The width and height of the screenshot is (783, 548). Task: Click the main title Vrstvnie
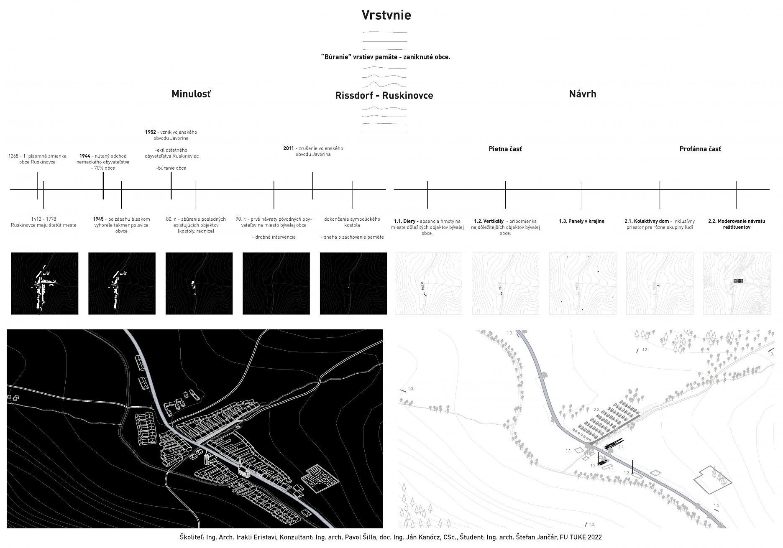click(386, 15)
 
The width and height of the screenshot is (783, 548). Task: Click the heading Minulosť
click(191, 94)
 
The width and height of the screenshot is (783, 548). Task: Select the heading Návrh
click(582, 94)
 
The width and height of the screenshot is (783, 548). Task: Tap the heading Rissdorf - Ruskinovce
click(384, 95)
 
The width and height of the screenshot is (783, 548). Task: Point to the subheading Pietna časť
click(505, 149)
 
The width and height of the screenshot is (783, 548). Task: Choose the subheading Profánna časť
click(700, 149)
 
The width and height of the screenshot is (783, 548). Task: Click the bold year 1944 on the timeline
click(84, 156)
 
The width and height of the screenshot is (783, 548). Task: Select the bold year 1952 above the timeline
click(150, 132)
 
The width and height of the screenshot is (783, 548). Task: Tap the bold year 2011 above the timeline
click(289, 148)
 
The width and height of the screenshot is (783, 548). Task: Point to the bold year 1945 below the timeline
click(98, 219)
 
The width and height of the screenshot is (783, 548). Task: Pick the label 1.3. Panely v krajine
click(581, 221)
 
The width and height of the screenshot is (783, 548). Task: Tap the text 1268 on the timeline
click(13, 156)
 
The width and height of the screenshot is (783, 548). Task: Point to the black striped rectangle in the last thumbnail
click(739, 281)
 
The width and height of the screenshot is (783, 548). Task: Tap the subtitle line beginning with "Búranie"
click(385, 57)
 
